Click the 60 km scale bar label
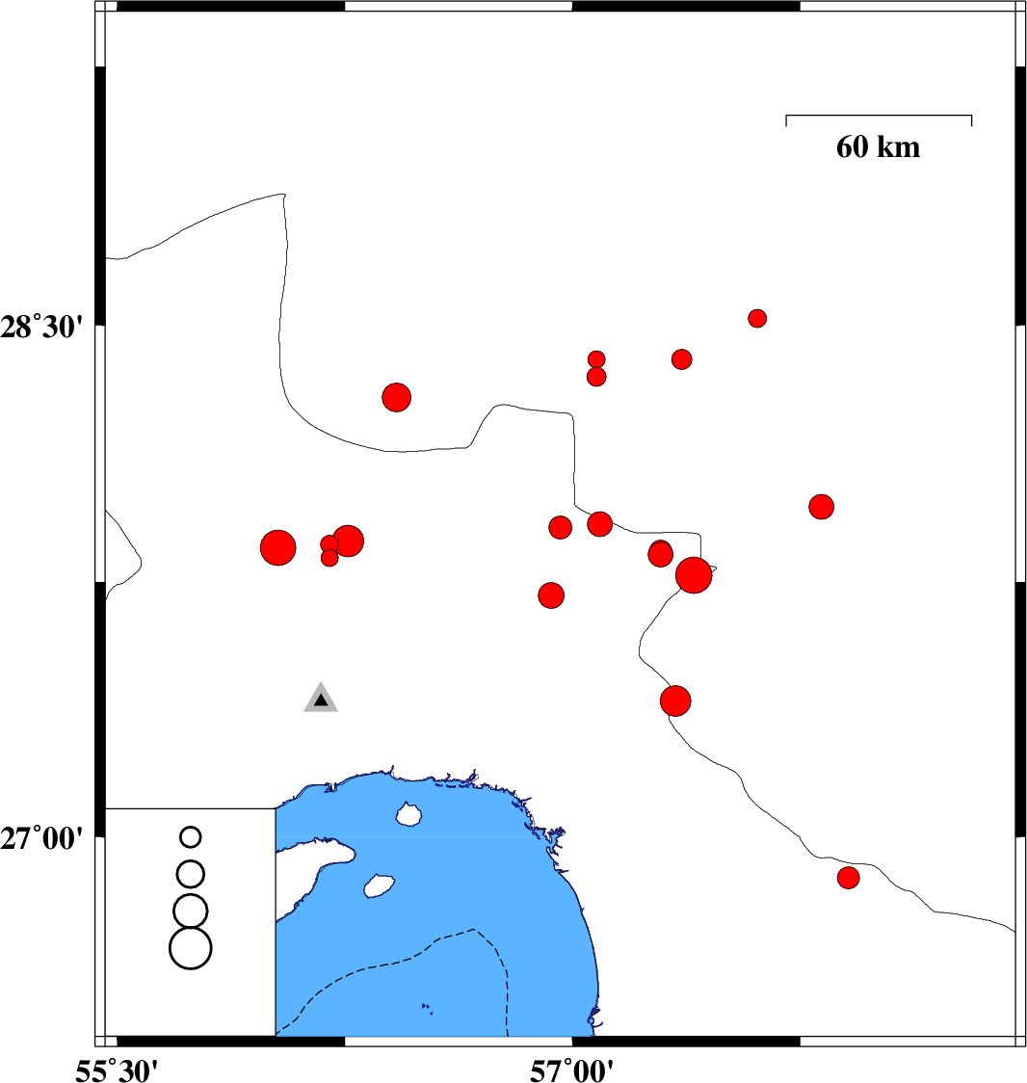click(878, 147)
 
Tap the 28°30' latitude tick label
click(41, 326)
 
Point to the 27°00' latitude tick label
click(41, 838)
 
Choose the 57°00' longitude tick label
click(571, 1070)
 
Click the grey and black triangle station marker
click(321, 699)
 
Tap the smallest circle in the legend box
click(191, 837)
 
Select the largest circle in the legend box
click(191, 948)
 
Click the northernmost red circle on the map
click(757, 318)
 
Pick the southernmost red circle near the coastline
click(849, 878)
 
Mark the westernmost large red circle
click(278, 548)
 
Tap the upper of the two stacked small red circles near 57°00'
click(596, 359)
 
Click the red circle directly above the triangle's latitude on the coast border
click(675, 701)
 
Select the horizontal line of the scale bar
click(879, 116)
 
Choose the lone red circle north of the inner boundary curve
click(396, 397)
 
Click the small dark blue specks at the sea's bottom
click(427, 1009)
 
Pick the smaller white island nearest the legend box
click(380, 885)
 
